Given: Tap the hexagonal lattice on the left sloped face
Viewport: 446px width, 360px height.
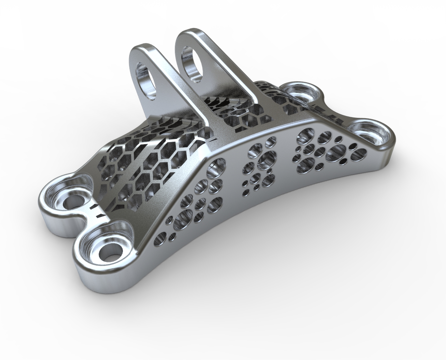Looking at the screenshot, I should point(143,161).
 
